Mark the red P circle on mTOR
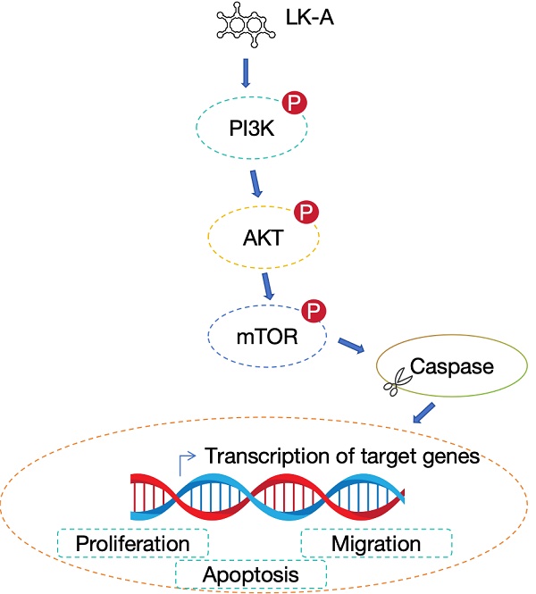314,311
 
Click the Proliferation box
132,543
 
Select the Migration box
375,543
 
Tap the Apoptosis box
250,573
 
